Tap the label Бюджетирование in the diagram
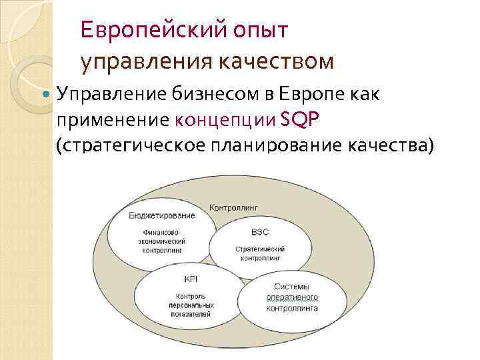[x=162, y=215]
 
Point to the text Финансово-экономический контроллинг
[x=162, y=241]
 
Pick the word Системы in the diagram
[x=292, y=287]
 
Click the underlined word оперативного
[x=292, y=297]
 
